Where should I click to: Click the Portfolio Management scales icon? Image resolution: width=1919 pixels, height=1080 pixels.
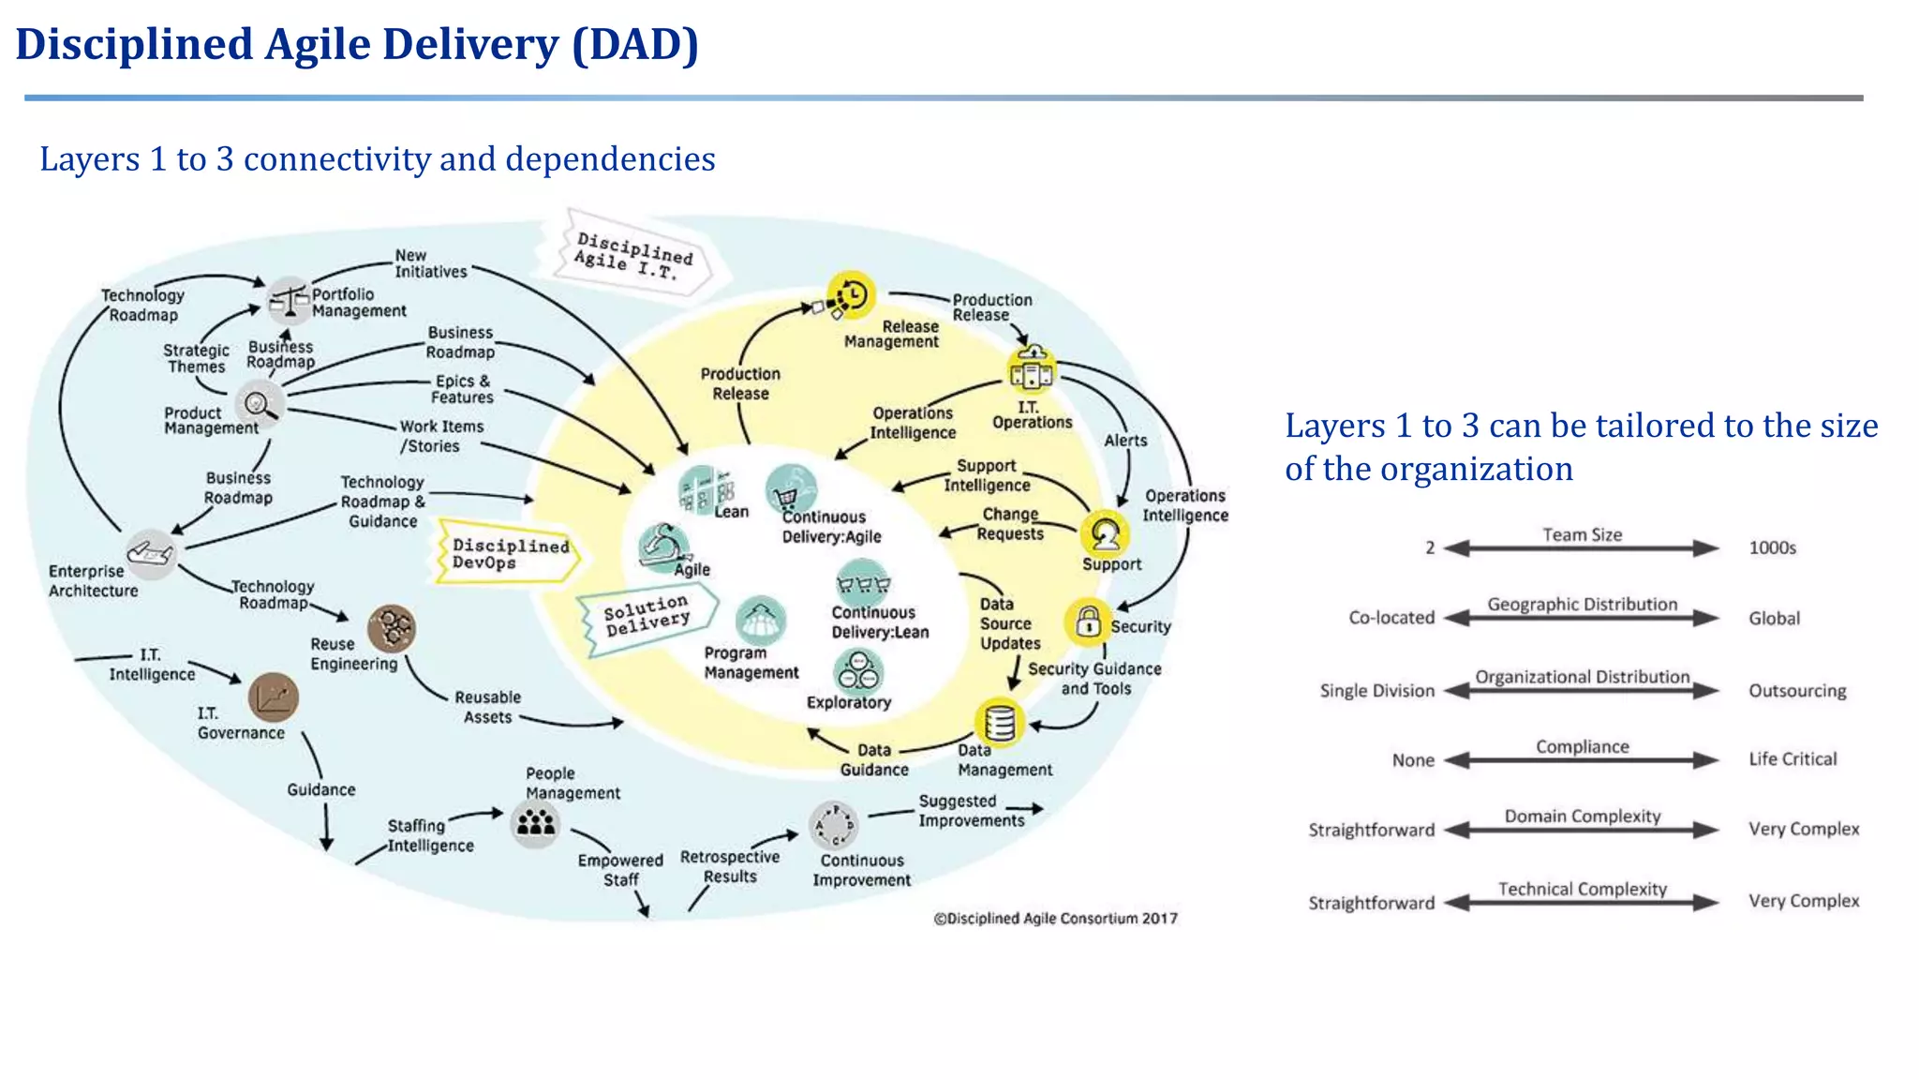click(x=289, y=300)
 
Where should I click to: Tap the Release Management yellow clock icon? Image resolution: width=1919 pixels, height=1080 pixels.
click(x=851, y=295)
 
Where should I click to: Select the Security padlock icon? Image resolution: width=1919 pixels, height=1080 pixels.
click(x=1088, y=622)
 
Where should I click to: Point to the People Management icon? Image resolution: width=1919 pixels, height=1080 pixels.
click(x=536, y=824)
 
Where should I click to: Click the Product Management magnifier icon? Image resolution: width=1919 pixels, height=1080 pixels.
click(x=259, y=404)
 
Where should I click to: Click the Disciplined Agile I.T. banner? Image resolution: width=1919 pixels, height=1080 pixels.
click(x=633, y=255)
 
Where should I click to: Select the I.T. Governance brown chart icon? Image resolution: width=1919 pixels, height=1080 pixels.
click(x=274, y=697)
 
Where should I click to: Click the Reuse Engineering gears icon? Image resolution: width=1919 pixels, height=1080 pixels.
click(x=392, y=627)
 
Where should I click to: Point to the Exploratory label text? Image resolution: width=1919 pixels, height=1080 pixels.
click(x=848, y=702)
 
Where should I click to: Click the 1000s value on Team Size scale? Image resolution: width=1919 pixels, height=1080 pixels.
click(x=1772, y=548)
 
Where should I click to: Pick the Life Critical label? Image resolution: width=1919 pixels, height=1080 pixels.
click(x=1792, y=759)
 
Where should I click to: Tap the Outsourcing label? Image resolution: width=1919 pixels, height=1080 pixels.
click(x=1796, y=691)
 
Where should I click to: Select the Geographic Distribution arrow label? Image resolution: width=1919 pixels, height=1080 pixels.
click(x=1582, y=605)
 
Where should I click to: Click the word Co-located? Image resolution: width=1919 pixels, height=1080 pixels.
click(x=1391, y=618)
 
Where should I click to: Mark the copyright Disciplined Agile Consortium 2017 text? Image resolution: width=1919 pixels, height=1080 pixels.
click(x=1055, y=919)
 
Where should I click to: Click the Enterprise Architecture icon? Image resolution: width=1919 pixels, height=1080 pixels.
click(x=151, y=553)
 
